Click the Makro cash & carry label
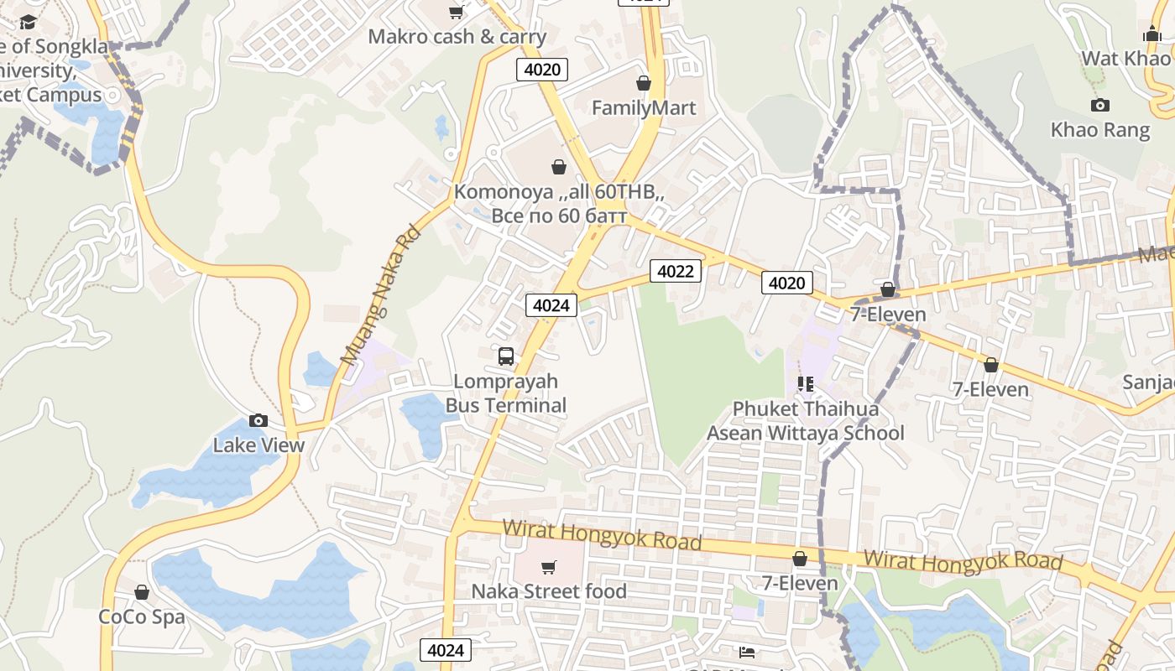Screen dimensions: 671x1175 pos(457,37)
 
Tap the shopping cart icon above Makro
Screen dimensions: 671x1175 pos(457,12)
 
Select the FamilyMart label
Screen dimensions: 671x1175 pos(644,108)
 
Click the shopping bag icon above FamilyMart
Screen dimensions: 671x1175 pos(644,83)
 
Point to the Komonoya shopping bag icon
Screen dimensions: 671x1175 pos(559,167)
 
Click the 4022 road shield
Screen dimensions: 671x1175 pos(675,271)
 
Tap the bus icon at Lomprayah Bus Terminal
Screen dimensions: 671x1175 pos(506,356)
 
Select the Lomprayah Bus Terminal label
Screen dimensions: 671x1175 pos(506,393)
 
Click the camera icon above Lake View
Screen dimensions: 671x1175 pos(258,420)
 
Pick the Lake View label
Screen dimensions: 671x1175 pos(258,445)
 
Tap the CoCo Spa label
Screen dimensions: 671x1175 pos(142,617)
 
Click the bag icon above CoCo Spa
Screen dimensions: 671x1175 pos(142,592)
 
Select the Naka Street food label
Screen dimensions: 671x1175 pos(549,591)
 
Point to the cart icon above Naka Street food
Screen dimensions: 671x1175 pos(549,567)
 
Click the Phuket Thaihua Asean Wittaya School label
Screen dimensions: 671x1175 pos(806,421)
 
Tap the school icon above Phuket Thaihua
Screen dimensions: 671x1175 pos(806,384)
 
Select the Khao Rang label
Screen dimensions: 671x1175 pos(1100,130)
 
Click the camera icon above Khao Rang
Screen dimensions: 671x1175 pos(1100,105)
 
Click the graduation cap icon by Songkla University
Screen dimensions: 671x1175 pos(29,22)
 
